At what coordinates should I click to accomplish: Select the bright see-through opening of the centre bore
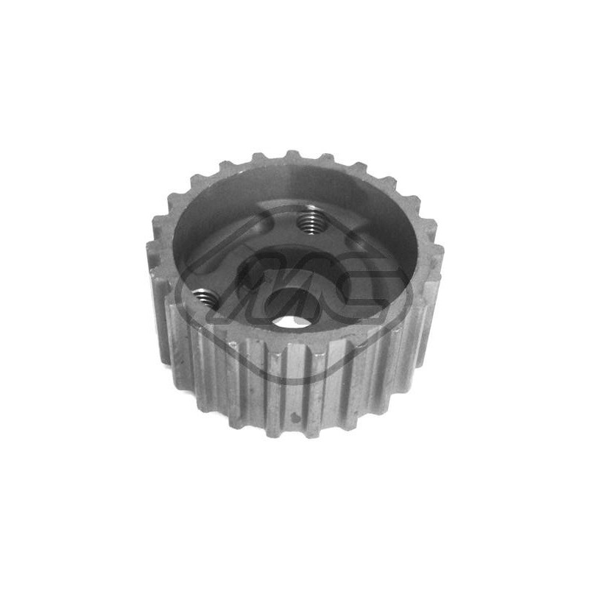(x=293, y=319)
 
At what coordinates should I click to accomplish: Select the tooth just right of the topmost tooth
(x=314, y=157)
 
